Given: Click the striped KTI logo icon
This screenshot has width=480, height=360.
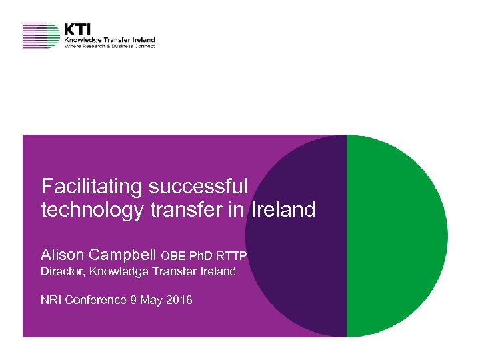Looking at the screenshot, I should (x=41, y=35).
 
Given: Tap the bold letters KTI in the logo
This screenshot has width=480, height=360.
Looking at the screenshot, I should (x=78, y=29).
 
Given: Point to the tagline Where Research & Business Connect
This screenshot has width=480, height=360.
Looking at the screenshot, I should (x=109, y=46).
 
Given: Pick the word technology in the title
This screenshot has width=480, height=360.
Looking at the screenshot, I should (x=93, y=210).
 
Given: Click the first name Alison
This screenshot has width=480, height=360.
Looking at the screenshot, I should (x=63, y=255).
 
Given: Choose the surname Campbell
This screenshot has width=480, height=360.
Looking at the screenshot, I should (x=123, y=255).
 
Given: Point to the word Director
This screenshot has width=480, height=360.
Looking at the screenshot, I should (x=62, y=271).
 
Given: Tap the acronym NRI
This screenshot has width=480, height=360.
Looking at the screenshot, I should (x=51, y=300).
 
